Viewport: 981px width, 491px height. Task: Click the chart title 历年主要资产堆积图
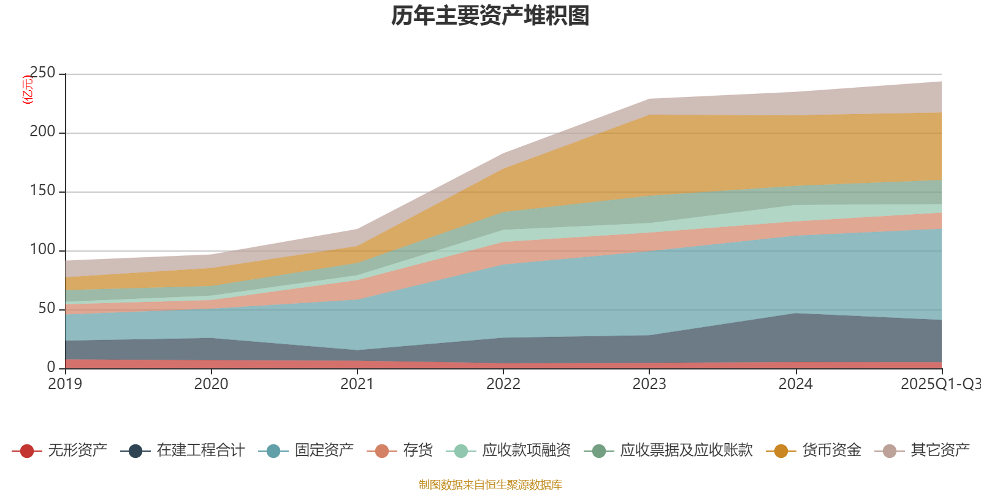click(490, 16)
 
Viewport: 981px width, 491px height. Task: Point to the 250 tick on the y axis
click(42, 73)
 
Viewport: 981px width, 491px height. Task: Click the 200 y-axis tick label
click(42, 132)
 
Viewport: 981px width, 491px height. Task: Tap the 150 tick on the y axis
click(42, 191)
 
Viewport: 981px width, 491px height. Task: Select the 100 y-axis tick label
click(42, 250)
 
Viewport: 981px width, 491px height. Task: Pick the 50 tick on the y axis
click(47, 309)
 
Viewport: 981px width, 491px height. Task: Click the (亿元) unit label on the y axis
click(27, 90)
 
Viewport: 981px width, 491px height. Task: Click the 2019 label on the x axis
click(65, 384)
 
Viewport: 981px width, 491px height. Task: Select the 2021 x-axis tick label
click(357, 384)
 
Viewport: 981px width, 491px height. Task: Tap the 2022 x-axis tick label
click(503, 384)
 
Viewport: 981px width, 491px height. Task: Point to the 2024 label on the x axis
click(795, 384)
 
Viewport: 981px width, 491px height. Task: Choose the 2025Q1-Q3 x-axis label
click(940, 384)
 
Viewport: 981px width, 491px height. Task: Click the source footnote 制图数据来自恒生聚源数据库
click(490, 485)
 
